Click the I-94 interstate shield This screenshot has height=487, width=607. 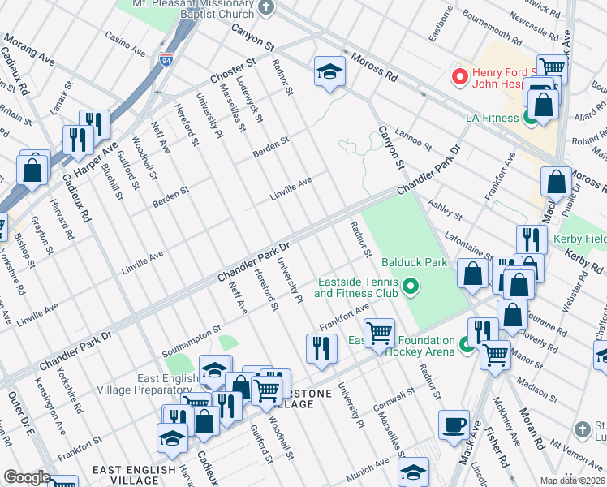point(166,60)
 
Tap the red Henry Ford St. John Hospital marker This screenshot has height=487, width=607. point(460,77)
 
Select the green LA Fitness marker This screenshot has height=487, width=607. point(530,118)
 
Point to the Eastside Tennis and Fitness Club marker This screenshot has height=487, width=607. point(411,286)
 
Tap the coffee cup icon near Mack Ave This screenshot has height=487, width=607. point(454,425)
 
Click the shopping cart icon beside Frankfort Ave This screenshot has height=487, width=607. point(379,333)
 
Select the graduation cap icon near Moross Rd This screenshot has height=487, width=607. point(330,71)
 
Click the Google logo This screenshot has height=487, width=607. point(28,477)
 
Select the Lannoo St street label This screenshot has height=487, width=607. point(412,138)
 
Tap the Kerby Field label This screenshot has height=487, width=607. point(579,239)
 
